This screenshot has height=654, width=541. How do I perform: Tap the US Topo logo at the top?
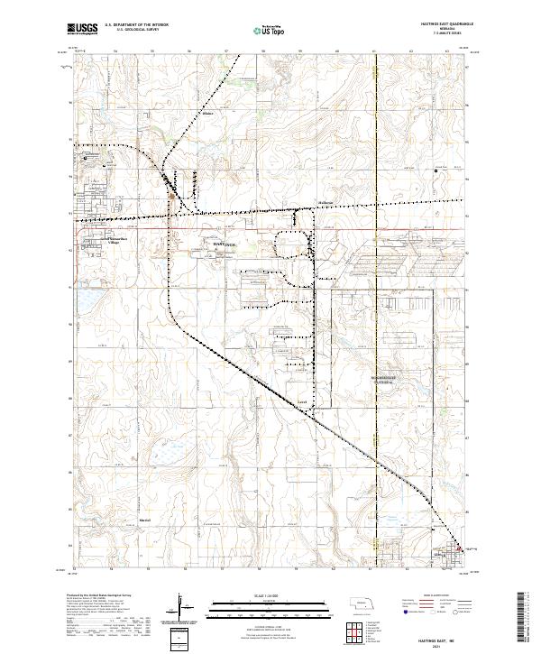click(x=270, y=30)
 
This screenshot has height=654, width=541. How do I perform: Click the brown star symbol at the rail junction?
click(x=173, y=191)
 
